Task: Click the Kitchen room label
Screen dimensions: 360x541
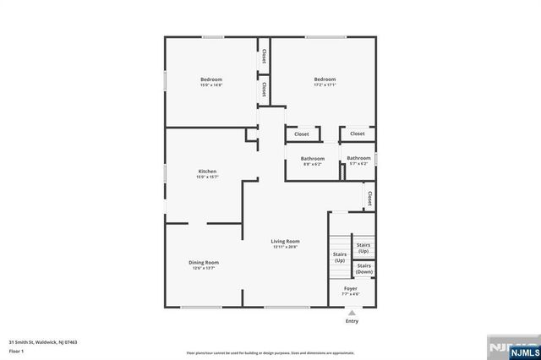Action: pos(207,172)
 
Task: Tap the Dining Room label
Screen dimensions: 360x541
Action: pos(204,262)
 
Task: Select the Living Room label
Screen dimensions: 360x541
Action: pos(286,241)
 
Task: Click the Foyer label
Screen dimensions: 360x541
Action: pos(350,288)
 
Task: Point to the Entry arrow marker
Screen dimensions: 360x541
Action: pos(352,311)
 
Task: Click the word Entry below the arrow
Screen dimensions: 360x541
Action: pos(352,321)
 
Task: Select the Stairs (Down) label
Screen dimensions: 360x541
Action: pos(364,270)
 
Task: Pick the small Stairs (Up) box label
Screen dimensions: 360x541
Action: pos(364,249)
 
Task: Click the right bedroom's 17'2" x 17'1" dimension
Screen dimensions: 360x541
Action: pos(325,85)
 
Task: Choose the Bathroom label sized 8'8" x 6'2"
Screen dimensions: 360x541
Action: pos(313,163)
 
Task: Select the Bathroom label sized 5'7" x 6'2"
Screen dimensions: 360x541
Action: pos(358,163)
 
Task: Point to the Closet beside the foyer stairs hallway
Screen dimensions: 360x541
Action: pos(369,197)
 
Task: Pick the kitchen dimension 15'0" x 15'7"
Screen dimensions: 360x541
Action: pos(207,177)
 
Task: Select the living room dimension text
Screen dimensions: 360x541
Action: pos(286,247)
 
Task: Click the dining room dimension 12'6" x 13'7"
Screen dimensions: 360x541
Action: pos(204,268)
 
